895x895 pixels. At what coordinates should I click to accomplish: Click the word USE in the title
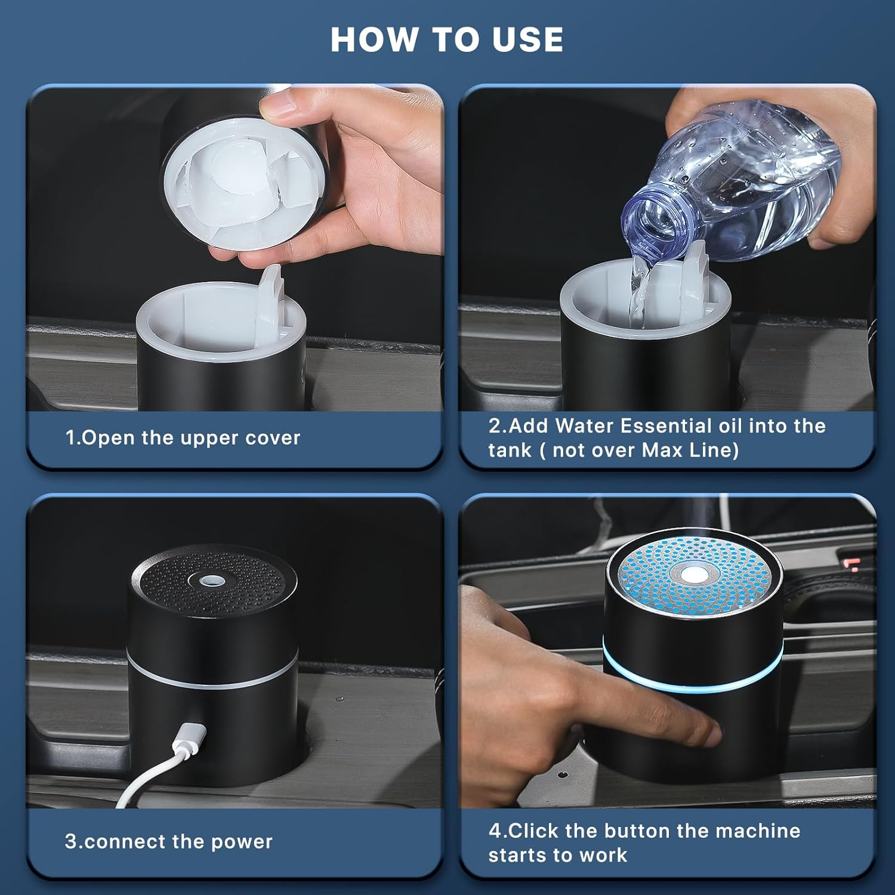pyautogui.click(x=527, y=39)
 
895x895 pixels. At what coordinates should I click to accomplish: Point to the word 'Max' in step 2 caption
pyautogui.click(x=663, y=450)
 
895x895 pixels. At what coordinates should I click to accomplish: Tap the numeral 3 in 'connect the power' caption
pyautogui.click(x=70, y=842)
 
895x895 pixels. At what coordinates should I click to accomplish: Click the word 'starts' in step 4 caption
pyautogui.click(x=516, y=855)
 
